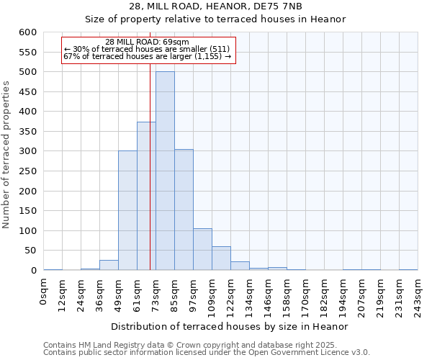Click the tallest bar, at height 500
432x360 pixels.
pos(165,171)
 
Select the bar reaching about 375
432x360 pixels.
pos(146,196)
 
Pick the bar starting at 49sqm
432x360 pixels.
pos(127,210)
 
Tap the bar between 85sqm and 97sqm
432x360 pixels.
pos(184,210)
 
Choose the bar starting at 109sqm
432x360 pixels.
pos(221,258)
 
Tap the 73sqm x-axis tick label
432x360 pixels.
pos(156,291)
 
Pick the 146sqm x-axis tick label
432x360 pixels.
pos(268,294)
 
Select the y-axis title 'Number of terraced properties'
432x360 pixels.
pos(7,154)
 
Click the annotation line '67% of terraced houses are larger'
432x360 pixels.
pos(147,56)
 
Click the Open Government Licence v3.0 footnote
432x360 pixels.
pos(206,353)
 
